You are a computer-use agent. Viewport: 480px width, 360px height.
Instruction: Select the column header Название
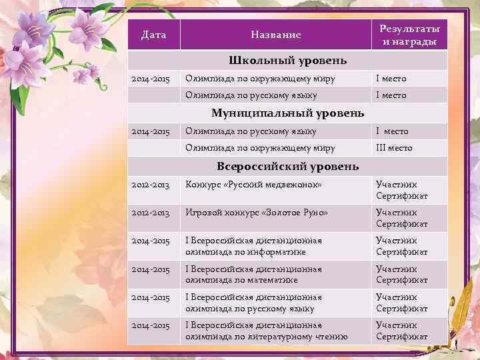(x=275, y=34)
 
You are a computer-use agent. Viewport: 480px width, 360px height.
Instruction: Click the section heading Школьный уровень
(x=287, y=61)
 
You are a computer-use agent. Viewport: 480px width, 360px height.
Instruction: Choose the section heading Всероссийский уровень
(x=287, y=166)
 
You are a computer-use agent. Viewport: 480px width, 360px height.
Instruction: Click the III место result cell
(x=394, y=148)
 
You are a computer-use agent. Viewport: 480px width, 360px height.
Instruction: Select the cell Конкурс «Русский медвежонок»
(x=253, y=185)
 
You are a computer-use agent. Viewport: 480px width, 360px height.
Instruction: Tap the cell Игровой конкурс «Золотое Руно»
(x=257, y=213)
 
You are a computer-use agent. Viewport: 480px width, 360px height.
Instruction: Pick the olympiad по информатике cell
(x=253, y=246)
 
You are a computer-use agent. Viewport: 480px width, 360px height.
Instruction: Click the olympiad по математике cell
(x=253, y=275)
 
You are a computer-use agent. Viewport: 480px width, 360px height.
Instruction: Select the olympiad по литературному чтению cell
(x=266, y=331)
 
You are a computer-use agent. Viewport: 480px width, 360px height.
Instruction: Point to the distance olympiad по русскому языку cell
(x=253, y=303)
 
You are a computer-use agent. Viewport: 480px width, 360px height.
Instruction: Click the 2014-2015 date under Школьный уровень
(x=151, y=79)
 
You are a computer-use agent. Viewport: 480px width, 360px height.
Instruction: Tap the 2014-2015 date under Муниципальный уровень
(x=151, y=131)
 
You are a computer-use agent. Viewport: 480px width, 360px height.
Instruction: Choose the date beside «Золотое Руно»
(x=151, y=213)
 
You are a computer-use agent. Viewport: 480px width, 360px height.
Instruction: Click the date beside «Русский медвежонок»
(x=151, y=185)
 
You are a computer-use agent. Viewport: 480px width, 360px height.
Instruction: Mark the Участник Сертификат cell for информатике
(x=401, y=246)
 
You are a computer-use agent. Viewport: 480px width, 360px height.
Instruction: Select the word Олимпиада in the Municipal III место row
(x=207, y=148)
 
